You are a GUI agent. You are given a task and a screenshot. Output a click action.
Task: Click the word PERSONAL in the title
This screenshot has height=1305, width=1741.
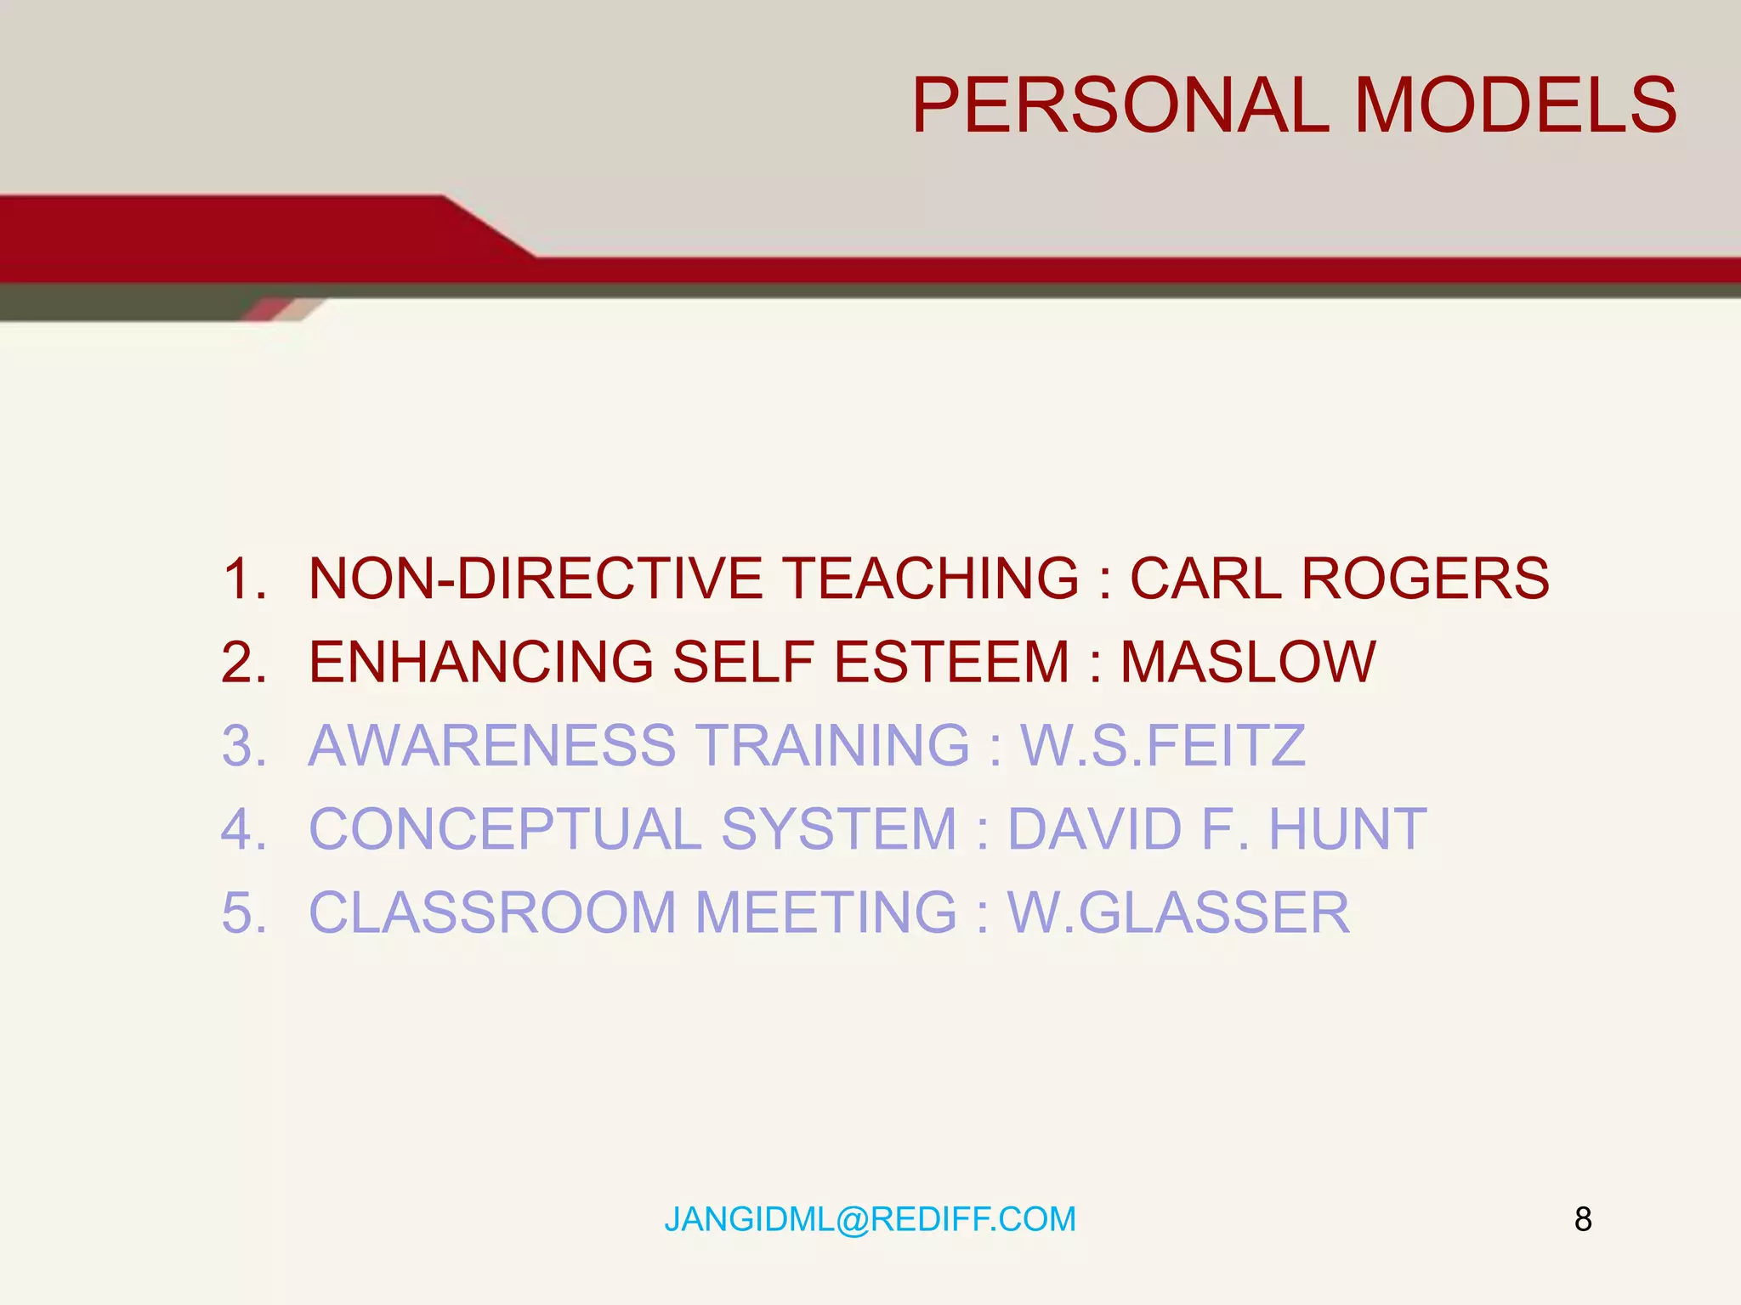tap(1120, 105)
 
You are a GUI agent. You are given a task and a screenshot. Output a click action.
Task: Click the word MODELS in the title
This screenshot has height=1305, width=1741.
tap(1515, 105)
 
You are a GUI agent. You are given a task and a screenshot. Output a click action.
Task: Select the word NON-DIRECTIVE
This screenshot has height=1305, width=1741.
tap(535, 579)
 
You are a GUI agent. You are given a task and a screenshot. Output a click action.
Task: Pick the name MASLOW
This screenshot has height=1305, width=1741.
tap(1247, 662)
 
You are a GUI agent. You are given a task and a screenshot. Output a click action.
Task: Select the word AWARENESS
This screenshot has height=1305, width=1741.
tap(491, 745)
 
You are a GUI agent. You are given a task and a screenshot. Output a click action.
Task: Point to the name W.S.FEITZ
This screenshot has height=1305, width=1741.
tap(1162, 745)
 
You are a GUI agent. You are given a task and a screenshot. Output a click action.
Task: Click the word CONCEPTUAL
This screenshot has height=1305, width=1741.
tap(505, 828)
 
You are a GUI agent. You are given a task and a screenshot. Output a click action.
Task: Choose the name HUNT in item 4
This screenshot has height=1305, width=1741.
tap(1347, 828)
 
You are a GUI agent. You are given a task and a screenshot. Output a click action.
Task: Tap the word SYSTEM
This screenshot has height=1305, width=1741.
tap(839, 828)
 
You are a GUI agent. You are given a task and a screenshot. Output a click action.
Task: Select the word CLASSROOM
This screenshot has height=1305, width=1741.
tap(492, 912)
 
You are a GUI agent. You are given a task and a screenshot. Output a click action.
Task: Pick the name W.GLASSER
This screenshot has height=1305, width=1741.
tap(1178, 912)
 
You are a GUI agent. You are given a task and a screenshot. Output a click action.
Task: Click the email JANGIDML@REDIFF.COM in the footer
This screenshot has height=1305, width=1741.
tap(870, 1219)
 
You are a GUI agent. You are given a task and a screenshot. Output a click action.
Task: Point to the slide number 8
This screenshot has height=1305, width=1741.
tap(1583, 1219)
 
